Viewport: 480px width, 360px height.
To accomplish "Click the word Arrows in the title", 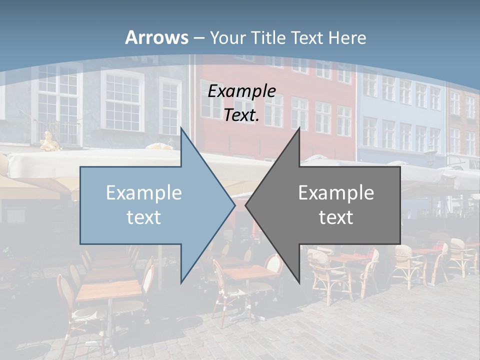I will (156, 37).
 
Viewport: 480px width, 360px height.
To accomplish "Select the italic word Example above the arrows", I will (241, 91).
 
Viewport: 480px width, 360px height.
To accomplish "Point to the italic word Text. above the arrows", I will (241, 115).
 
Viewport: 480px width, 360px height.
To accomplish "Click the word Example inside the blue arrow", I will (144, 192).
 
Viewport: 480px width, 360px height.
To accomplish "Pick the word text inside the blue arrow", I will (144, 217).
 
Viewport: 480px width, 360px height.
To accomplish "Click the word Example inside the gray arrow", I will (336, 192).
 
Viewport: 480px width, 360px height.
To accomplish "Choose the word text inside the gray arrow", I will (336, 217).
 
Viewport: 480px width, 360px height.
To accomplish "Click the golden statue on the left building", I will (48, 141).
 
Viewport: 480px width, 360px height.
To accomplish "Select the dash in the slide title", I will (198, 38).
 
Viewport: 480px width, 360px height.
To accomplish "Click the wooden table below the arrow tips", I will (249, 272).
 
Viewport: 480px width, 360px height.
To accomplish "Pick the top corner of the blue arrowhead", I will (181, 127).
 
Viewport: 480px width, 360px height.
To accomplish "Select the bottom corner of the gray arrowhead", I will (299, 283).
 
